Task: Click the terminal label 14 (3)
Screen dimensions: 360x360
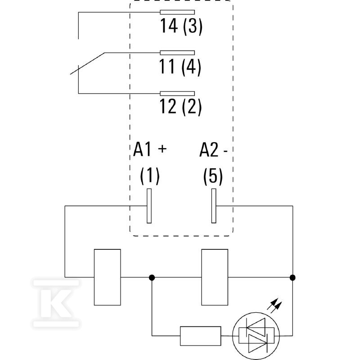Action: click(x=181, y=27)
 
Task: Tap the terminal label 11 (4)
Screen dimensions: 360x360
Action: click(x=180, y=67)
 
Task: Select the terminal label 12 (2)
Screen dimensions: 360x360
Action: click(x=180, y=107)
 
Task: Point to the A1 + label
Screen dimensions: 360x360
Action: click(x=150, y=149)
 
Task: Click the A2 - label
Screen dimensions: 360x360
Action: click(x=213, y=150)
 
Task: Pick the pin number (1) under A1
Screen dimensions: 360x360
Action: click(x=150, y=176)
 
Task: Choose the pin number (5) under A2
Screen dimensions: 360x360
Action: click(x=213, y=176)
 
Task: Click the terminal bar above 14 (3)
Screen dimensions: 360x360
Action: click(x=177, y=13)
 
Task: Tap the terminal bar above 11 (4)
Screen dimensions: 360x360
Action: click(x=177, y=53)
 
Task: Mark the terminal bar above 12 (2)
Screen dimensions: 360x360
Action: click(x=177, y=94)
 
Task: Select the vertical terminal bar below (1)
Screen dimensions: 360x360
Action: click(x=149, y=206)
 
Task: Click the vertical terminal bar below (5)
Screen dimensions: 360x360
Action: click(x=214, y=206)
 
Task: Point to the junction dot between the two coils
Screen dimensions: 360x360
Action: click(x=152, y=278)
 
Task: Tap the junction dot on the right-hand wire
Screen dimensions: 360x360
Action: click(x=292, y=278)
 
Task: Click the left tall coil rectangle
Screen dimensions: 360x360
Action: click(x=108, y=277)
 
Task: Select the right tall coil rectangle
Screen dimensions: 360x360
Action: click(x=215, y=277)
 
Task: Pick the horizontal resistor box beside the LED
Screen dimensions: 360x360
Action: click(x=200, y=336)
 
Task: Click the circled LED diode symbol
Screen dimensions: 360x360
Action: click(x=256, y=336)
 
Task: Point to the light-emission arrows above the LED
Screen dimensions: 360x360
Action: click(x=274, y=304)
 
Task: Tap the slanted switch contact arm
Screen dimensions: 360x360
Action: click(x=87, y=63)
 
